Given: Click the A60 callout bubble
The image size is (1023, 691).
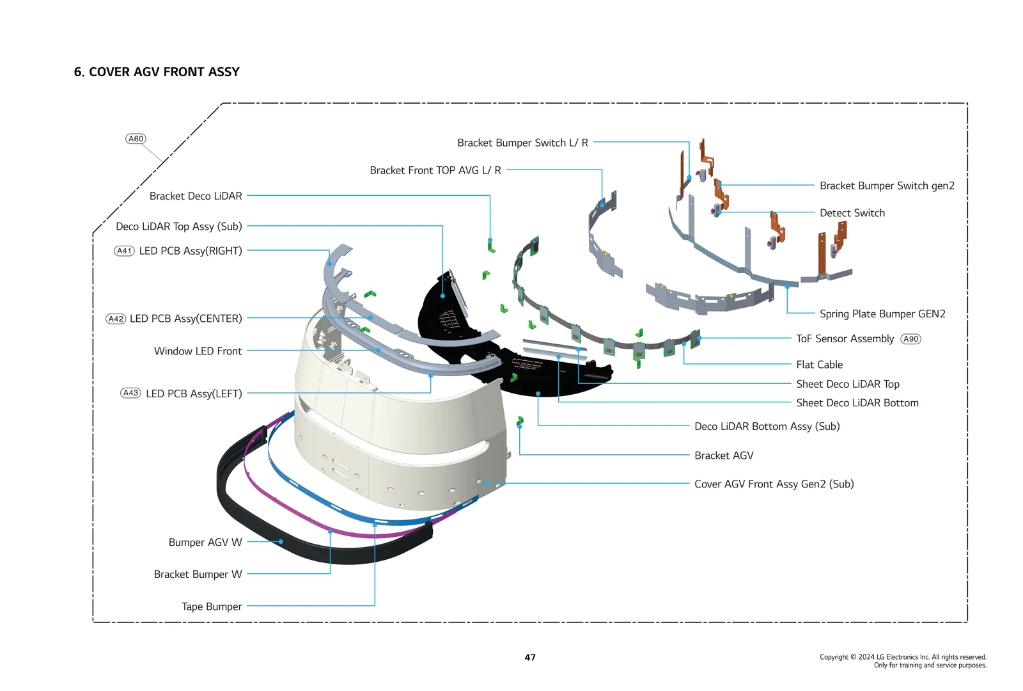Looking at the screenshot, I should pos(136,139).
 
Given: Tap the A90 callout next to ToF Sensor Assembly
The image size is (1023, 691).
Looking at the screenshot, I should pos(910,339).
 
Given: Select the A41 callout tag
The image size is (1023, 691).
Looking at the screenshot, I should pos(124,251).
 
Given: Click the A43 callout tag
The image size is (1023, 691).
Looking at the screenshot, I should pos(130,393).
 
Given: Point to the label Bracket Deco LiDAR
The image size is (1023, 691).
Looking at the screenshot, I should pos(196,196).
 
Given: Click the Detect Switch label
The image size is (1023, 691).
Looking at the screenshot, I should pos(852,213).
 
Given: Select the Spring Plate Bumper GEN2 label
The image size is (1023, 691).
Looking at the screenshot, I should pos(882,314).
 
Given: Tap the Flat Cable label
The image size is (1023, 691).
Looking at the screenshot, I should pos(819,365).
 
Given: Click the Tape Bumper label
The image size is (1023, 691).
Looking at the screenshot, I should pos(212,607).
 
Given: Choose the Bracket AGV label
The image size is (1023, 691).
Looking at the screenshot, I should pos(724,456).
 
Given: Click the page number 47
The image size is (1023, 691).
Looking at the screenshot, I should pos(530,657).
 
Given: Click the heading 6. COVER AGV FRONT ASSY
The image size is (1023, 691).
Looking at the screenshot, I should pos(157,72).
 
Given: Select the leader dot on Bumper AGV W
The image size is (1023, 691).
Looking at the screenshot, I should pos(281,542).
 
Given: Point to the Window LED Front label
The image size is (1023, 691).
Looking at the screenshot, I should pos(198,351).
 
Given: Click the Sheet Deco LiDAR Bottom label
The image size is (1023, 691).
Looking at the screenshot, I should pos(857,403).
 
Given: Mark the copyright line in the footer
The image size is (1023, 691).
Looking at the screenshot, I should pos(903,657).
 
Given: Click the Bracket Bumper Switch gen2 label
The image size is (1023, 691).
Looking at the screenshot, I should pos(887,186).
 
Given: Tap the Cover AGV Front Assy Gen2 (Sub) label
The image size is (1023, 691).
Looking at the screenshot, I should pos(774,484).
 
